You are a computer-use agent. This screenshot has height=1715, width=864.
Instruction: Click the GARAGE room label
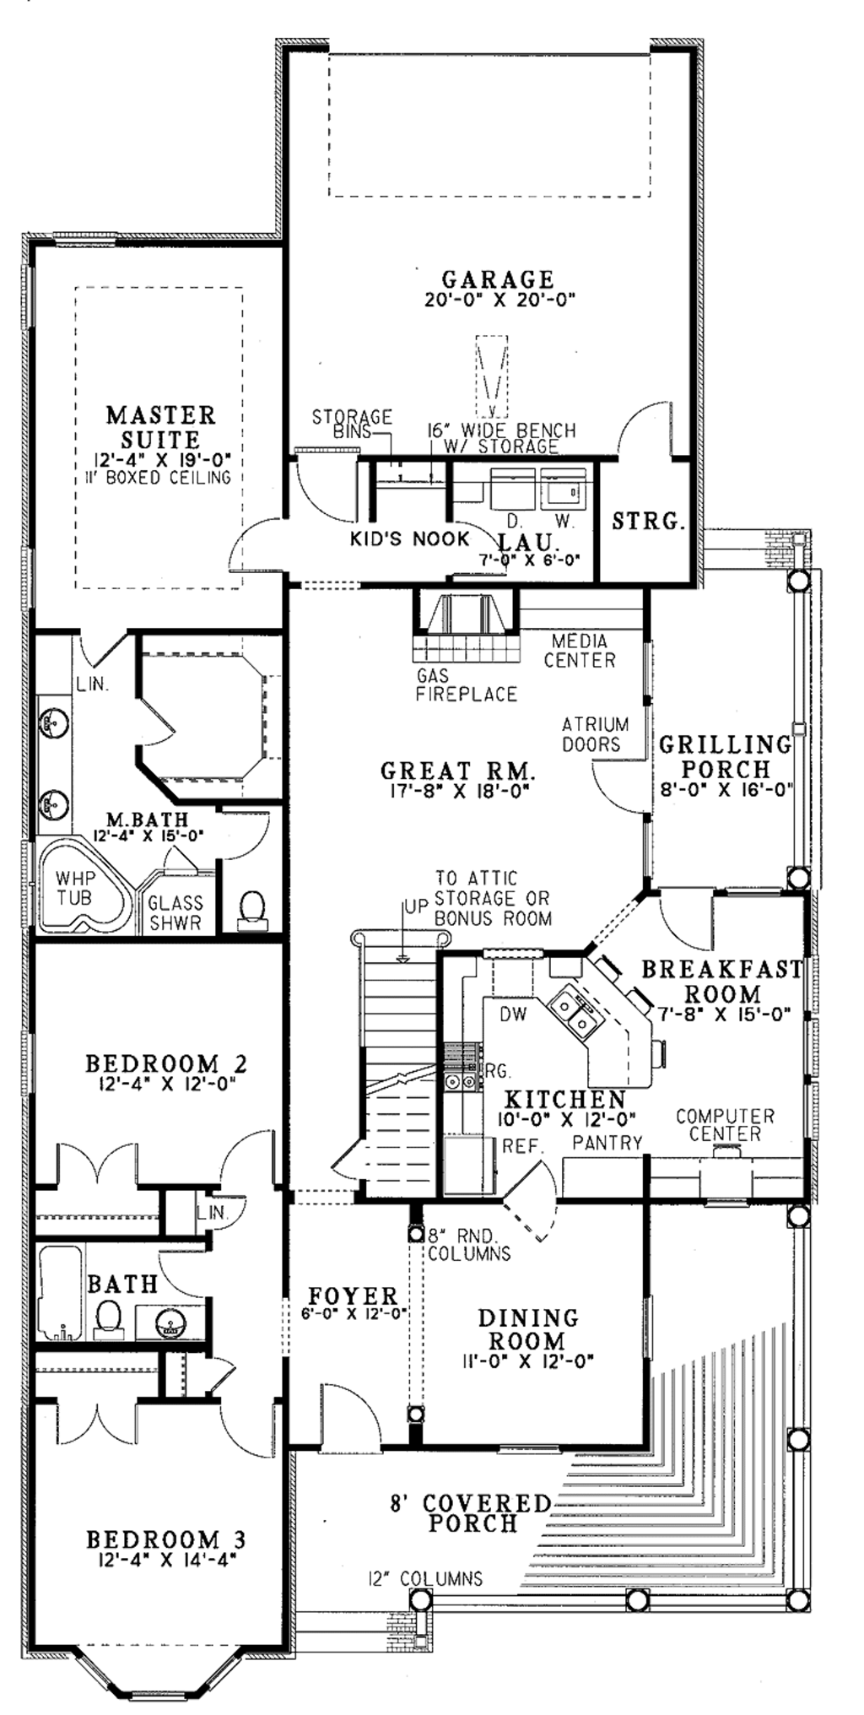(498, 278)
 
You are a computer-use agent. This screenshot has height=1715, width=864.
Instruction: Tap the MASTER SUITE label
(160, 427)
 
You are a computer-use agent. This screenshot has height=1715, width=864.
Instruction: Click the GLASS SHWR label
(175, 912)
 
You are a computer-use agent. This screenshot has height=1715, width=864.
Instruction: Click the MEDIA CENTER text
(580, 650)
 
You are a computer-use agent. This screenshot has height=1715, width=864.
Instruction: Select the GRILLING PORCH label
(726, 756)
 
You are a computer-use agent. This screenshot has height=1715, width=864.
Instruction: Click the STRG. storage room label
(646, 522)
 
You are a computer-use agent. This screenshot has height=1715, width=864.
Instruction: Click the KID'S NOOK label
(410, 538)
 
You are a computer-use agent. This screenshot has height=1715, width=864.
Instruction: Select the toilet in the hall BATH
(108, 1317)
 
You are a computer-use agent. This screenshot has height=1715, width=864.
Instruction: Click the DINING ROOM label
(529, 1328)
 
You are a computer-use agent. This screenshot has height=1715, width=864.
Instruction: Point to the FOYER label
(352, 1295)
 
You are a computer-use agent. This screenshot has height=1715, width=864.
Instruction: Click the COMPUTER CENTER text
(725, 1125)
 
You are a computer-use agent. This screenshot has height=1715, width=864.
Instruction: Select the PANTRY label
(607, 1143)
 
